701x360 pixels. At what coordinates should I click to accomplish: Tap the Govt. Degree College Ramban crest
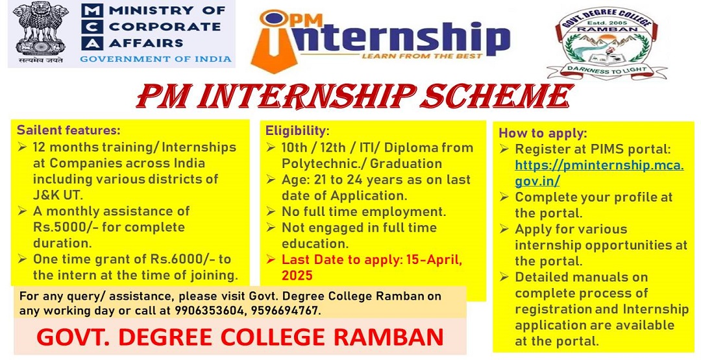(x=607, y=42)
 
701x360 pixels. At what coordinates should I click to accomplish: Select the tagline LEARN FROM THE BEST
(x=422, y=56)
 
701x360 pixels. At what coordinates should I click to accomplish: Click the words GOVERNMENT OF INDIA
(x=156, y=58)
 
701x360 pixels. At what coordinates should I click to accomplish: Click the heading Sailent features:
(x=69, y=130)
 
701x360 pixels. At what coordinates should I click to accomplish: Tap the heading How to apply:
(x=543, y=133)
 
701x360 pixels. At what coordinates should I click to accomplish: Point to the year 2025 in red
(x=297, y=276)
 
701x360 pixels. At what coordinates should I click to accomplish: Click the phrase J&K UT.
(x=58, y=195)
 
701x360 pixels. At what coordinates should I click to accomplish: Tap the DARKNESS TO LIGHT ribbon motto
(x=607, y=70)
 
